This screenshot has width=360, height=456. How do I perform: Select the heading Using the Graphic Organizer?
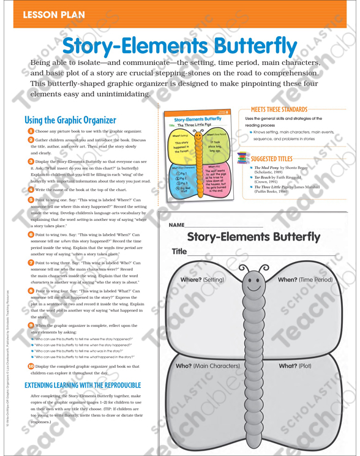(70, 120)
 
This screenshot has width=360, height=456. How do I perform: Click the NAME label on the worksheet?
(176, 225)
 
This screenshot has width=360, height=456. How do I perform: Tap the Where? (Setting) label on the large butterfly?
(200, 279)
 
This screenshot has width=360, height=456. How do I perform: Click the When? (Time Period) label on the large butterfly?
(306, 279)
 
